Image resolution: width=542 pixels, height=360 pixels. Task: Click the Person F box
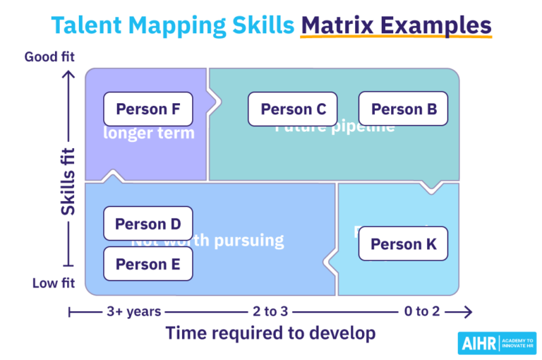[x=148, y=109]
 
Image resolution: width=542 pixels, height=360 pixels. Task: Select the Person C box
[x=293, y=109]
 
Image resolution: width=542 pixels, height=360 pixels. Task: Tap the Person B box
[x=404, y=109]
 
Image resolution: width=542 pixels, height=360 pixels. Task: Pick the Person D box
[x=148, y=224]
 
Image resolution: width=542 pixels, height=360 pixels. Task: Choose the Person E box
[x=148, y=264]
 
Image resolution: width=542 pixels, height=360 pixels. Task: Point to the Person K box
[x=404, y=244]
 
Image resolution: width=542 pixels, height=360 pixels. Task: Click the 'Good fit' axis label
[x=49, y=56]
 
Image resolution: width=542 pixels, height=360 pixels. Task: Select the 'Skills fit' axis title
[x=68, y=181]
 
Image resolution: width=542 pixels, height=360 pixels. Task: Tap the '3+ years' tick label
[x=134, y=311]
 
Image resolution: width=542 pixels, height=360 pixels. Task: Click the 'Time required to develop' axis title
[x=270, y=333]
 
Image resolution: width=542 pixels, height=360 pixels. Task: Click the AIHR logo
[x=496, y=343]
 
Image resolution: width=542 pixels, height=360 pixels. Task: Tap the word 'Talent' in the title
[x=84, y=25]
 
